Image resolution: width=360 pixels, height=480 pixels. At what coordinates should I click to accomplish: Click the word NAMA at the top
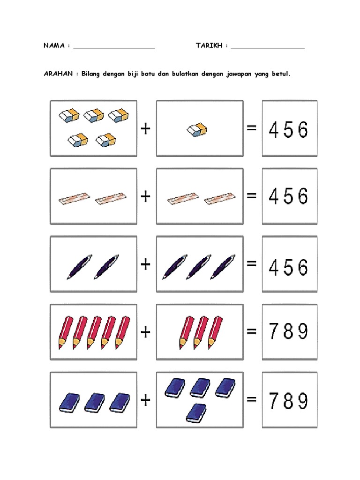point(54,45)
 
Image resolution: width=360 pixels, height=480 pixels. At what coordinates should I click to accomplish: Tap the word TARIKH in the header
point(209,45)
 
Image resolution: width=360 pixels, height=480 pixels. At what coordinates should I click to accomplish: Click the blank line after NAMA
point(114,48)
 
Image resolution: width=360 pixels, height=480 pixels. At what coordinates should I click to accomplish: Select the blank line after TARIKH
point(268,48)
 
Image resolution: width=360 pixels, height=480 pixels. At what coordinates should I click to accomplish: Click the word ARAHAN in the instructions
point(58,74)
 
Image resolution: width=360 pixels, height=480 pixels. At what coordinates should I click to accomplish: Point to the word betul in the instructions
point(281,74)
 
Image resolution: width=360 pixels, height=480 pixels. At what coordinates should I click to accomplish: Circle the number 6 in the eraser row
point(303,130)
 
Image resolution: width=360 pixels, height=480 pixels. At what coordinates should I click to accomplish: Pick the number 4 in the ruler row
point(273,196)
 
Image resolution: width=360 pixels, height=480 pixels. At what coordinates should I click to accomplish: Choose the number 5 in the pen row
point(288,267)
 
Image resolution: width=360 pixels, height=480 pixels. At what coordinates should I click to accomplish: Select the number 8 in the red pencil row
point(288,331)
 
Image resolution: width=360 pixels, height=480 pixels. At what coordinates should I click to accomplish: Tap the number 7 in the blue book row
point(273,401)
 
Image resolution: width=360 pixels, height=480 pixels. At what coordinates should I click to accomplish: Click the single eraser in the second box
point(197,130)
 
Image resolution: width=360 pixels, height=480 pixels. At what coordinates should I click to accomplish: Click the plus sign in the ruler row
point(146,196)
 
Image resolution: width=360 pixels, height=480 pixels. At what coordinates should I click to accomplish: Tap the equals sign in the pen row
point(251,263)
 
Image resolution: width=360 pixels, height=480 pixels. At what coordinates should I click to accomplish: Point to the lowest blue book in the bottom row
point(196,413)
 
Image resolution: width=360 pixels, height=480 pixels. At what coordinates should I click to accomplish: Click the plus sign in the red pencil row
point(146,332)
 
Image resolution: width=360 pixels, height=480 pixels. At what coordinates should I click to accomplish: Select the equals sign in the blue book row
point(251,399)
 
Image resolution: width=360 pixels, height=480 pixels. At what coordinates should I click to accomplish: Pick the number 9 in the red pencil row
point(303,331)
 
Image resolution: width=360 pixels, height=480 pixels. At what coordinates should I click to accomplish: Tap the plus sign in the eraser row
point(146,128)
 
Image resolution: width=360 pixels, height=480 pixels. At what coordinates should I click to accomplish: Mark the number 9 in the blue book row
point(303,401)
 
